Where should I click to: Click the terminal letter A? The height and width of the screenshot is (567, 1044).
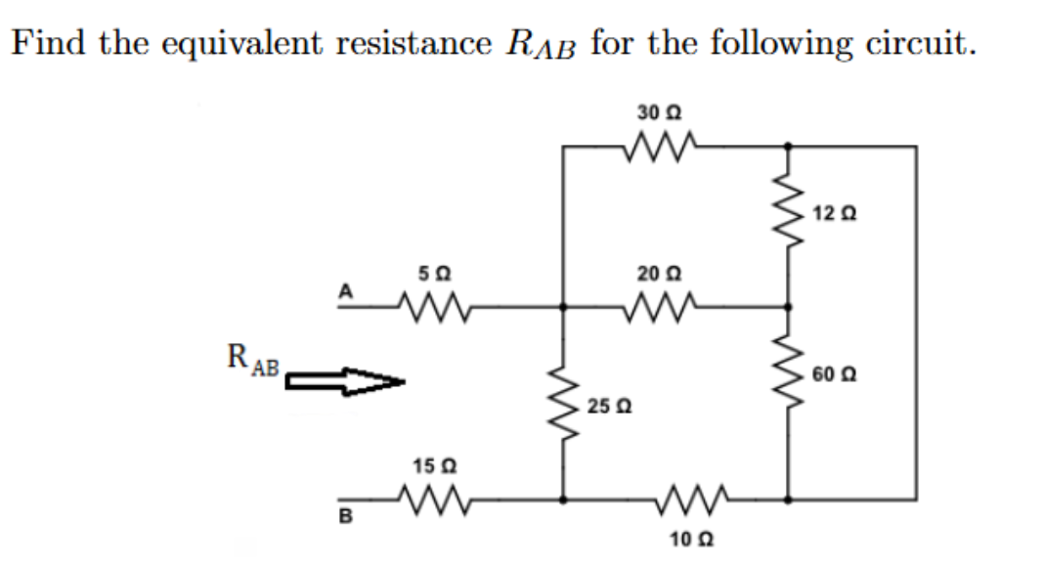click(x=344, y=289)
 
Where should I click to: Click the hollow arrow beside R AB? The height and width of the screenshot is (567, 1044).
click(x=344, y=382)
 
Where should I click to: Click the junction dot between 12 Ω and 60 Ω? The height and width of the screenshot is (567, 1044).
click(x=788, y=306)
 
